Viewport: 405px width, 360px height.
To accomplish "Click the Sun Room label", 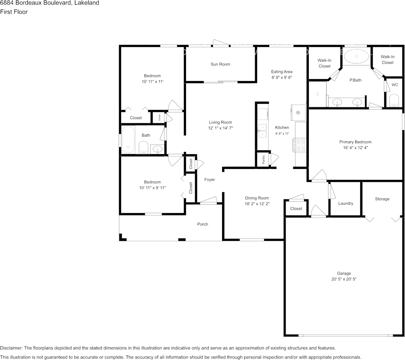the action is point(220,64).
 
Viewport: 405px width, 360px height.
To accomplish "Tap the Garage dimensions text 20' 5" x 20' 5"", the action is point(344,279).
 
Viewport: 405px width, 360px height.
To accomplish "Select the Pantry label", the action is point(264,159).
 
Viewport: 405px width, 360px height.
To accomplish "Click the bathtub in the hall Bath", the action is point(128,140).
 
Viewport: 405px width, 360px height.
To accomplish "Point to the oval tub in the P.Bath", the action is point(356,56).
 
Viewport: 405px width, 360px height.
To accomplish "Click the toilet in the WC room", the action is point(394,100).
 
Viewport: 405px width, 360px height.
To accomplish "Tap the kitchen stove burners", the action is point(299,145).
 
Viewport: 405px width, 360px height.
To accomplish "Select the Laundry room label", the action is point(346,204).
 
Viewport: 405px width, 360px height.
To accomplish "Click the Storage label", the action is point(382,199).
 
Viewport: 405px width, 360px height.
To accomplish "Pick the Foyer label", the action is point(210,180).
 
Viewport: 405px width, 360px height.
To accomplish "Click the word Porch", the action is point(202,224).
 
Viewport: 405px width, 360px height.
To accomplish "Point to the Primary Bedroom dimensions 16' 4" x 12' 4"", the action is point(356,148).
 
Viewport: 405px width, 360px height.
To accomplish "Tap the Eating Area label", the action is point(281,72).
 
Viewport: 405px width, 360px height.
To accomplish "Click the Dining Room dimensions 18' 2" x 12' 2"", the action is point(257,204).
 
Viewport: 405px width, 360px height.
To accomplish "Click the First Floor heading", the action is point(14,12).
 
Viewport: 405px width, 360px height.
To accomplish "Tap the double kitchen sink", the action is point(262,131).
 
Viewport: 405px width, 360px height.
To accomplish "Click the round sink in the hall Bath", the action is point(157,149).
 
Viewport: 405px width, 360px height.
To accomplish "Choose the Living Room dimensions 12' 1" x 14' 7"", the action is point(221,128).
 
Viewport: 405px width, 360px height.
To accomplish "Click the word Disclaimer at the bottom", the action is point(11,348).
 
